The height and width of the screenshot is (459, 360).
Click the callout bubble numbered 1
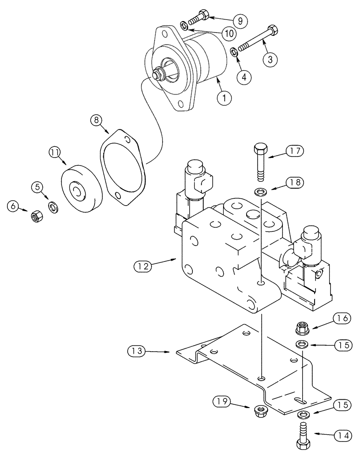(x=225, y=97)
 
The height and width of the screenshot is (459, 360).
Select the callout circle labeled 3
(x=270, y=59)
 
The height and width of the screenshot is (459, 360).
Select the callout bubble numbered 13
(x=136, y=352)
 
